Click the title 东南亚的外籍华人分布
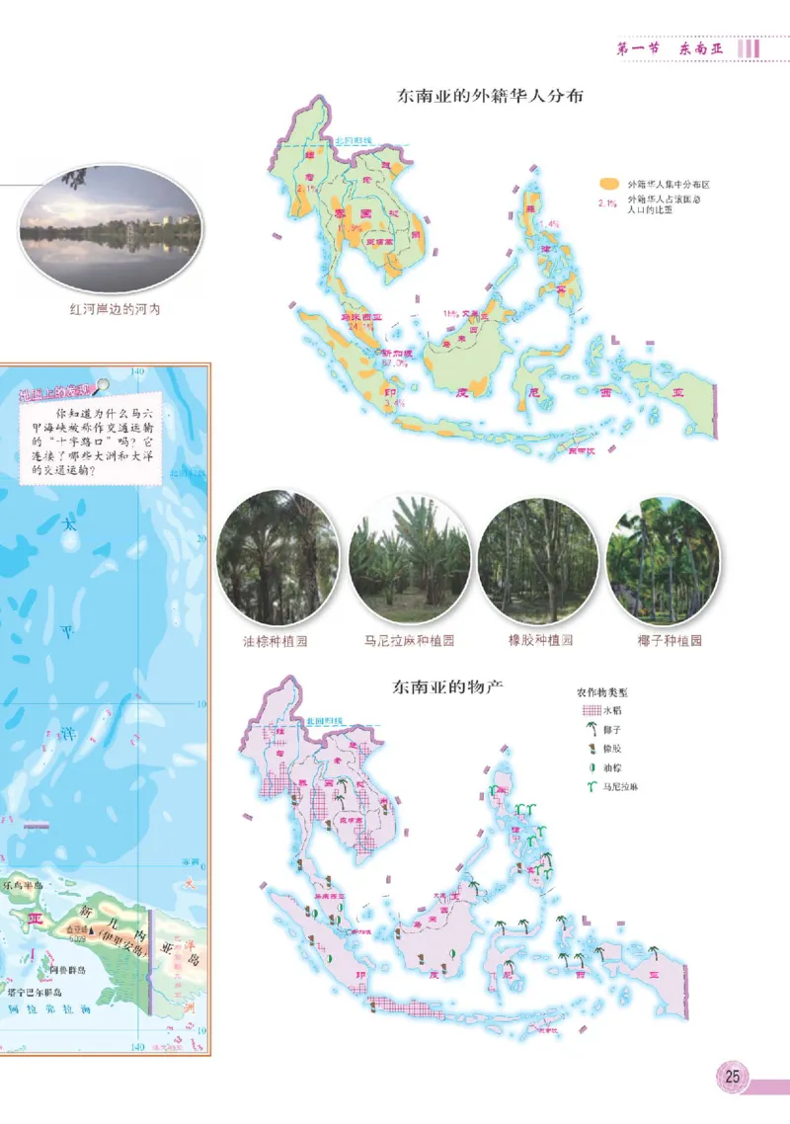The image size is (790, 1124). point(490,97)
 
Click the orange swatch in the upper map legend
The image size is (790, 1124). point(611,184)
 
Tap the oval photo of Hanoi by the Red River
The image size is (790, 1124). point(111,228)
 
